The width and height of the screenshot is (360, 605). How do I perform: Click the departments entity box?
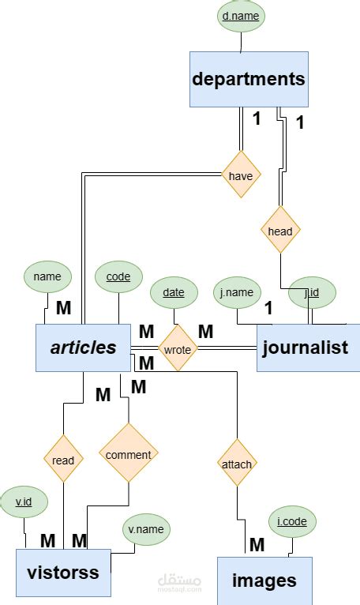248,79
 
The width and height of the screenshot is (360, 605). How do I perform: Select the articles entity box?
83,348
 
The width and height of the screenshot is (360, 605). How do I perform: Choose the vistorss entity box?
62,572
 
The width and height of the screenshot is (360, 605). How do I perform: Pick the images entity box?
264,581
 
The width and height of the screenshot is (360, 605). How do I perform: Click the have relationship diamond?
241,175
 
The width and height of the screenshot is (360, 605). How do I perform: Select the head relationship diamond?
280,231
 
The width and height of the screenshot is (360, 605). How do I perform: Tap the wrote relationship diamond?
177,348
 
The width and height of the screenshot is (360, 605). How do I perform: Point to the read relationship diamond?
63,460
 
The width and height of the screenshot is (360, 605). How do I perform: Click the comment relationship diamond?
128,454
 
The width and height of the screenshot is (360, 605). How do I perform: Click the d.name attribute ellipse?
241,16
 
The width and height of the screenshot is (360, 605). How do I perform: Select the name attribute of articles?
47,276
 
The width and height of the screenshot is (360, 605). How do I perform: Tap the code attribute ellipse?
118,277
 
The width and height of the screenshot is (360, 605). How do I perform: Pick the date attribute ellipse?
174,292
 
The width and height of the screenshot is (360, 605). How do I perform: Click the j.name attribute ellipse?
238,292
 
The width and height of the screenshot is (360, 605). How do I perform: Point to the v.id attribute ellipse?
24,501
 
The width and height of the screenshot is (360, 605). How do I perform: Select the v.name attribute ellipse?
146,530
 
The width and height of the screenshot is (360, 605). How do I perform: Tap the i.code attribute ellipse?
292,521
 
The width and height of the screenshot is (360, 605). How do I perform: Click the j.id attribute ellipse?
312,292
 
